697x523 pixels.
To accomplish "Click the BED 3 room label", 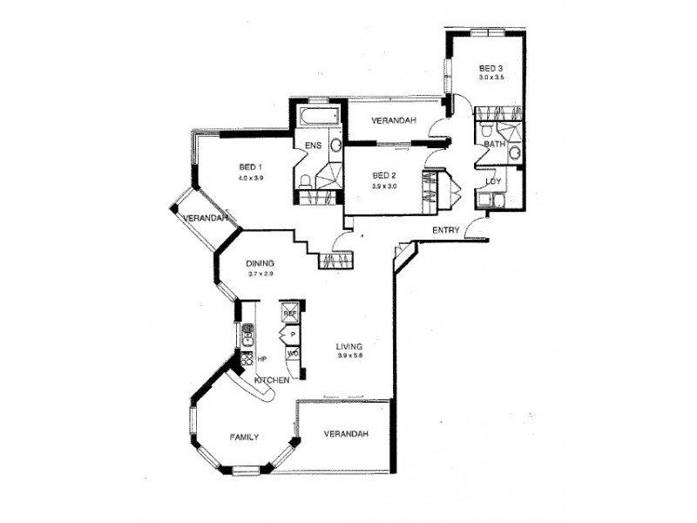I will [x=491, y=68].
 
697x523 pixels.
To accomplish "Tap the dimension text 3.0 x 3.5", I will [x=491, y=78].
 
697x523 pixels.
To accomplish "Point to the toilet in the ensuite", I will [x=306, y=180].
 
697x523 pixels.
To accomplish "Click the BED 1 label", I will [x=250, y=167].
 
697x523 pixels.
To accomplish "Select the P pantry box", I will [x=293, y=334].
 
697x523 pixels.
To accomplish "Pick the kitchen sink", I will [x=247, y=330].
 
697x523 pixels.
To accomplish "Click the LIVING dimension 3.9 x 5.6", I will [x=349, y=357].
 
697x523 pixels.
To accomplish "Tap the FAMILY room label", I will [x=244, y=437].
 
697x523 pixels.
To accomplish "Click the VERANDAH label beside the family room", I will [x=346, y=434].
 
